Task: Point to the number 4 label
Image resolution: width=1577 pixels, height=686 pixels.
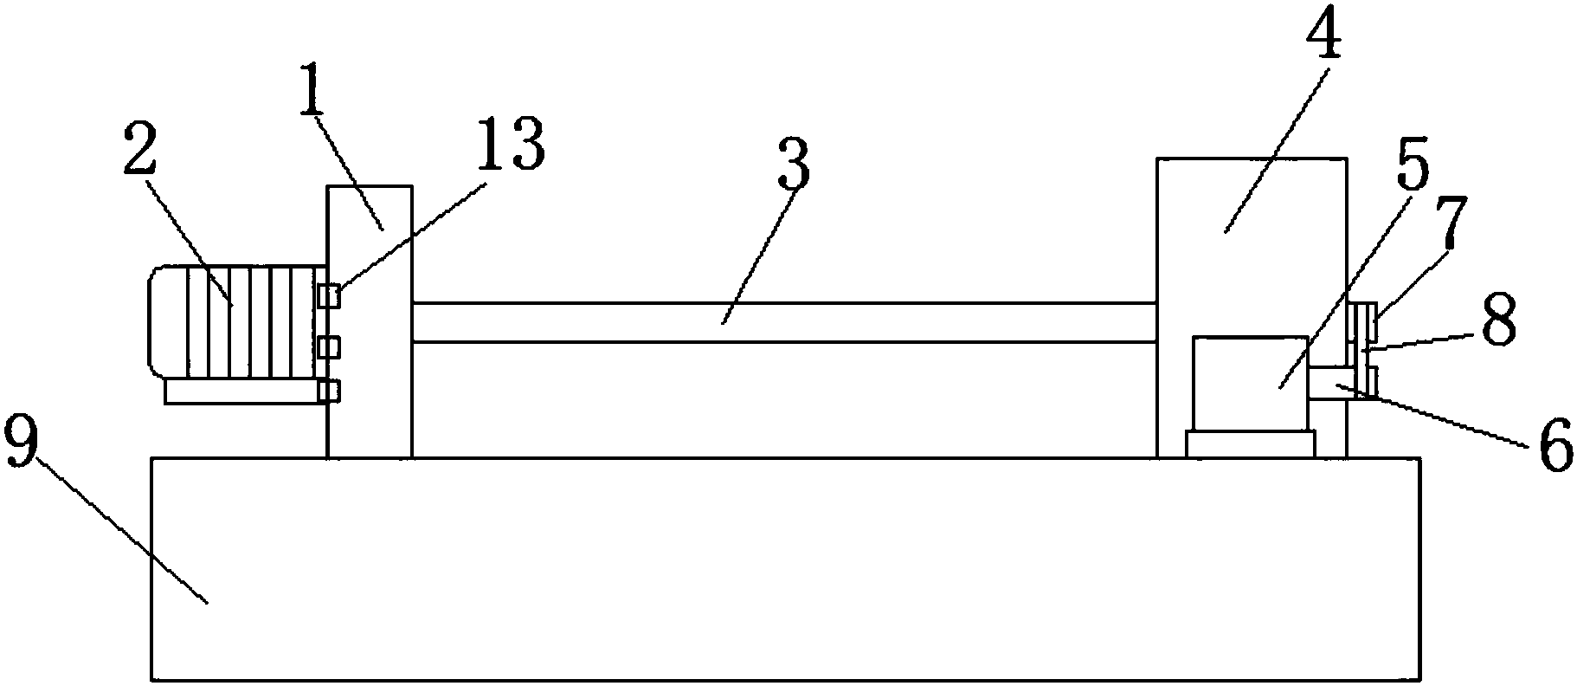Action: (1325, 36)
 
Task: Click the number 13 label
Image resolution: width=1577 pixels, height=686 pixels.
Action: (512, 145)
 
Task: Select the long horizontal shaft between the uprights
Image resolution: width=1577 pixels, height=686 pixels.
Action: (783, 322)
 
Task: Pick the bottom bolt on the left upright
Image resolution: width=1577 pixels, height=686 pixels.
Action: (328, 391)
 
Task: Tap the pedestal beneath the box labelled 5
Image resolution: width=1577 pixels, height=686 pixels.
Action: (1250, 443)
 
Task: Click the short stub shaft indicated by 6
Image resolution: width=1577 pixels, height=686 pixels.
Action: (1328, 382)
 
